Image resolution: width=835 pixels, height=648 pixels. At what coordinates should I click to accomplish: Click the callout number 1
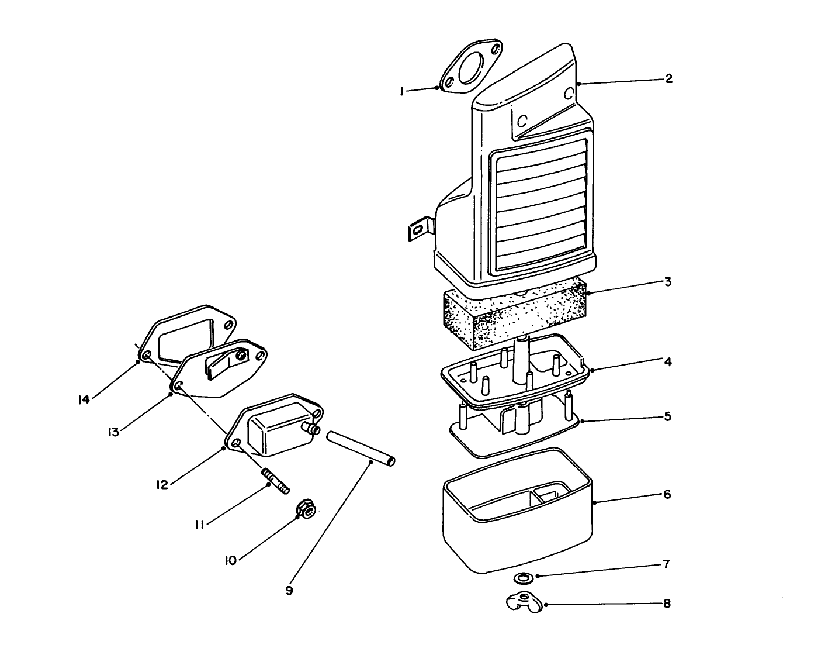click(401, 91)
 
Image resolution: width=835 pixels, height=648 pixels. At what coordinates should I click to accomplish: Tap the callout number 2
click(668, 78)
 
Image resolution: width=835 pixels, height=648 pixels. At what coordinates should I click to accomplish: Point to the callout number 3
click(667, 282)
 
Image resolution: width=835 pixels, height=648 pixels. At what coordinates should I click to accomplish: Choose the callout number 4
click(668, 361)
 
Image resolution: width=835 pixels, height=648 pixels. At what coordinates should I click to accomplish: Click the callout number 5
click(667, 416)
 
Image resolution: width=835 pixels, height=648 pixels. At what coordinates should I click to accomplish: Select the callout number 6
click(667, 494)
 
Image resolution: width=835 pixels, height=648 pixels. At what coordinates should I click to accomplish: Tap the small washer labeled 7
click(523, 578)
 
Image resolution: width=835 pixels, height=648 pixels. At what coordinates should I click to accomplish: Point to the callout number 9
click(289, 591)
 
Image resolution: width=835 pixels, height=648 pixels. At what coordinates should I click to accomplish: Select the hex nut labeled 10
click(306, 510)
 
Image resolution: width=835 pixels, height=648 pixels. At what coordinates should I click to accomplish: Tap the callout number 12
click(162, 484)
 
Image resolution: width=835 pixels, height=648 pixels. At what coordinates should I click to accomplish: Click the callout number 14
click(83, 399)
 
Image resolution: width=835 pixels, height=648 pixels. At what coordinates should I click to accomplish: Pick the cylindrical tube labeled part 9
click(361, 449)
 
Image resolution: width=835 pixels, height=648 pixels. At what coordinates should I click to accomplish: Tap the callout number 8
click(667, 603)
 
